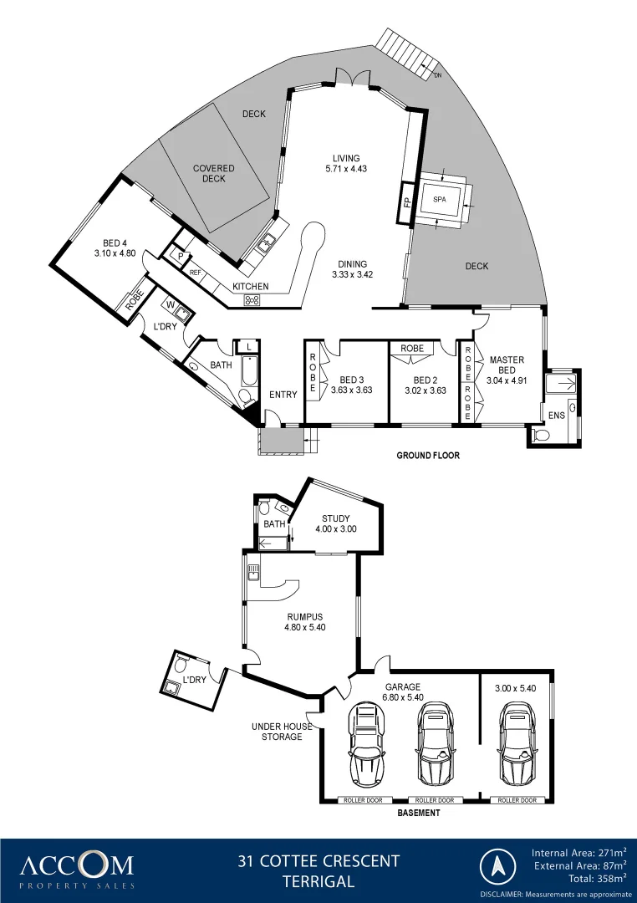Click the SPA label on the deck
pos(440,200)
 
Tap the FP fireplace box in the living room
pos(407,202)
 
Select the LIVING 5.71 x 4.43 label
pos(346,163)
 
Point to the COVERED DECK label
pos(214,173)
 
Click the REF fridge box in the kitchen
pos(196,273)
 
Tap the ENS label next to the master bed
pos(556,415)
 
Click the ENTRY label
pos(283,395)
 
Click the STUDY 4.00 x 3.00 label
pos(335,523)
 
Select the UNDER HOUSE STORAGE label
pos(282,732)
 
